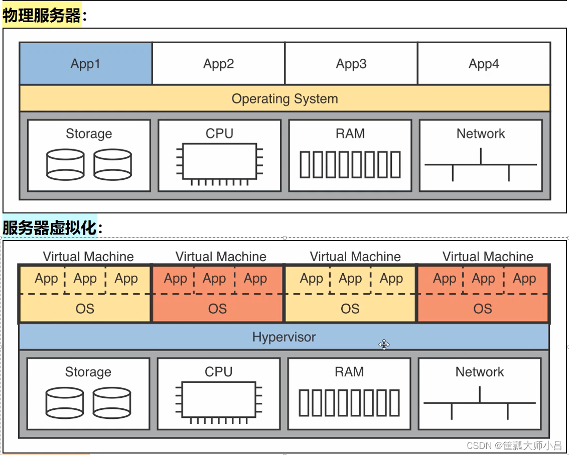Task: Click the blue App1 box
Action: coord(86,64)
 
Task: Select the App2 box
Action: coord(218,64)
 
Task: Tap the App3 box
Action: coord(351,64)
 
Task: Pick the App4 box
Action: coord(484,64)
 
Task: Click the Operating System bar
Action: coord(285,98)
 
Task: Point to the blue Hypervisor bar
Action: coord(284,336)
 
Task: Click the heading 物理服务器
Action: coord(42,16)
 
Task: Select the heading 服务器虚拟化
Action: coord(49,228)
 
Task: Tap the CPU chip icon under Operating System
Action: coord(219,162)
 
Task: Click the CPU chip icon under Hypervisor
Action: coord(218,400)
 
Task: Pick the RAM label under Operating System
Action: coord(350,134)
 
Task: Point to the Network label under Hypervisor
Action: coord(480,372)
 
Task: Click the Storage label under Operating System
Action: coord(89,134)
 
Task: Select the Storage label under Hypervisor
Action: coord(88,372)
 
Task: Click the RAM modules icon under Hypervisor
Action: coord(349,403)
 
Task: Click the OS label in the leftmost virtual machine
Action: coord(85,308)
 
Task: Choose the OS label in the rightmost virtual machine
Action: coord(483,308)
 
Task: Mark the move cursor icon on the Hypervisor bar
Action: coord(384,345)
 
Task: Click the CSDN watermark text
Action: coord(514,445)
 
